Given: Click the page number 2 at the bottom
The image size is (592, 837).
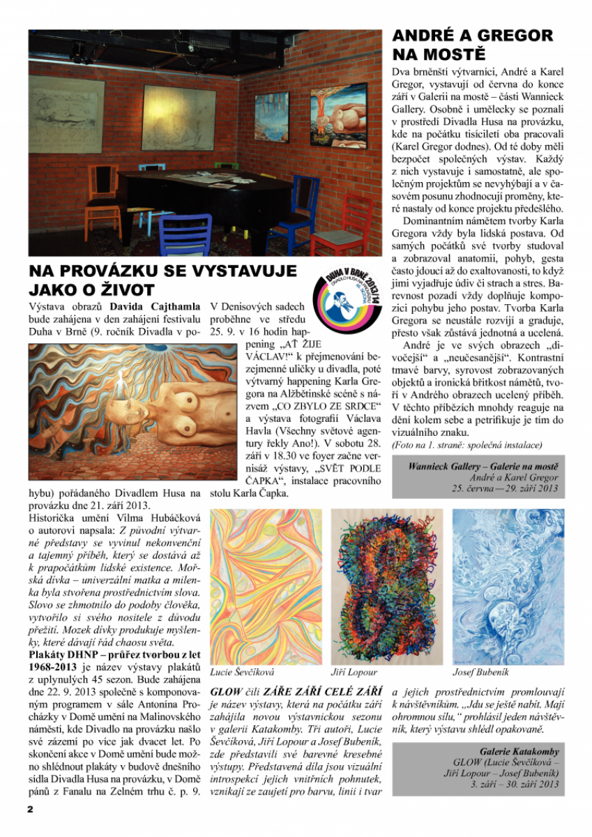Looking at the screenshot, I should [30, 809].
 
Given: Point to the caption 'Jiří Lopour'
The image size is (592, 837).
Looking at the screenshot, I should [354, 672].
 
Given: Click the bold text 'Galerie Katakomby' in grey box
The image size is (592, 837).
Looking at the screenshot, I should [519, 752].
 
